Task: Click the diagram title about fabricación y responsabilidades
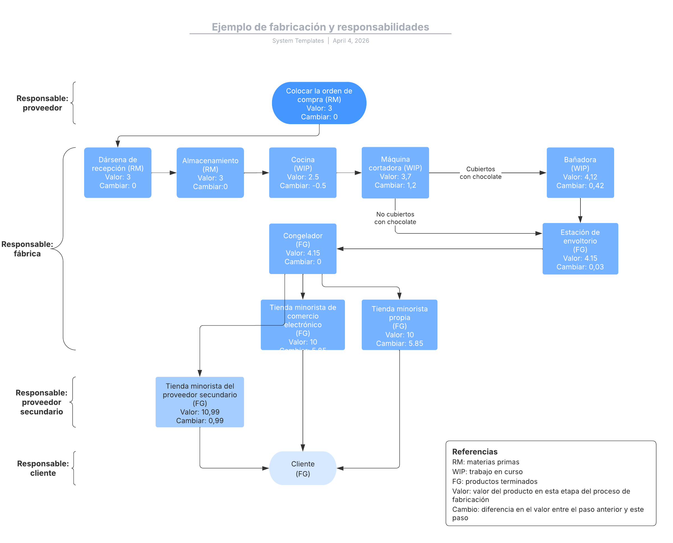coord(320,27)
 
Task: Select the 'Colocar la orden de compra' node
coord(319,103)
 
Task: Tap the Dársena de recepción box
coord(118,173)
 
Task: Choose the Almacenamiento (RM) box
coord(210,173)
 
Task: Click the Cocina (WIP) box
coord(303,173)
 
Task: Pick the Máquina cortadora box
coord(395,173)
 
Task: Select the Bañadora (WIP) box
coord(580,173)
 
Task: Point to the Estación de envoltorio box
coord(580,249)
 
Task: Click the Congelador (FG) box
coord(303,249)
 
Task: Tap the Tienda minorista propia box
coord(399,325)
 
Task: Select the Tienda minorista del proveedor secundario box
coord(200,402)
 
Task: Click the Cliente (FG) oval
coord(303,468)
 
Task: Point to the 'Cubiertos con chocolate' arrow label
coord(480,173)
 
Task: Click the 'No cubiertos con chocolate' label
coord(395,218)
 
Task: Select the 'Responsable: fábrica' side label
coord(27,249)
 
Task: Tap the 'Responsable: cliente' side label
coord(43,468)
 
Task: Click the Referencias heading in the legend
coord(474,452)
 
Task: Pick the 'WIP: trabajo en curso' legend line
coord(487,472)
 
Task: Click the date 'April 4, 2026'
coord(351,41)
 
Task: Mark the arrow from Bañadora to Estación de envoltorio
coord(580,210)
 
